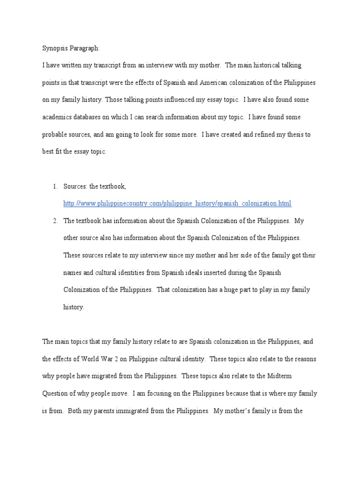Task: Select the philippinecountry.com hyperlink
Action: [x=177, y=203]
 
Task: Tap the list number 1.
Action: [x=55, y=186]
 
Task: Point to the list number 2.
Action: [x=55, y=220]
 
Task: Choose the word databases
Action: [x=90, y=117]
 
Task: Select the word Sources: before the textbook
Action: [x=75, y=186]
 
